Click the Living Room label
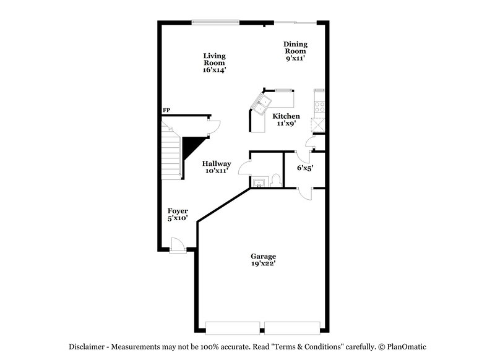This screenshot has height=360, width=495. point(214,63)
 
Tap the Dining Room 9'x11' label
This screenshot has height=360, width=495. point(296,51)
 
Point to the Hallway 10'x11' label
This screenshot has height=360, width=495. point(217,167)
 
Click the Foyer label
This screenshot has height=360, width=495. point(178,214)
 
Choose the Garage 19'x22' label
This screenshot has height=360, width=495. point(263,260)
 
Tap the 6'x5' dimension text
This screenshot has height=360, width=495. point(305,168)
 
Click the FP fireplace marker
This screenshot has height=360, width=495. point(166,111)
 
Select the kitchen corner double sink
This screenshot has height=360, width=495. point(262,104)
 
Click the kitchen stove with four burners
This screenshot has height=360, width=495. point(320,106)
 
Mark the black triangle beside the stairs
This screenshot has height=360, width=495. point(189,148)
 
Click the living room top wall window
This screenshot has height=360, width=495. point(215,23)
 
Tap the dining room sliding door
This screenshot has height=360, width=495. point(296,23)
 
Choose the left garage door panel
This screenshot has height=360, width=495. point(232,327)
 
